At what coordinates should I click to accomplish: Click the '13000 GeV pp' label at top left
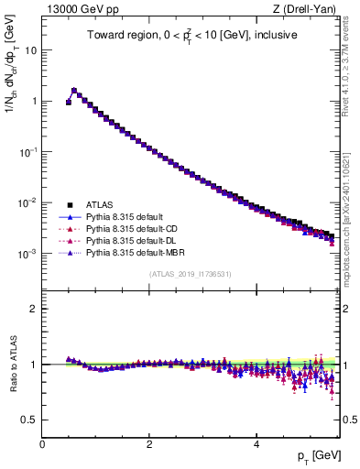coord(79,8)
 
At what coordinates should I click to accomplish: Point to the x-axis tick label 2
coord(149,443)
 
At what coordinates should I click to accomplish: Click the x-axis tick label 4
coord(256,443)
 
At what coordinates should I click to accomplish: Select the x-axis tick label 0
coord(42,443)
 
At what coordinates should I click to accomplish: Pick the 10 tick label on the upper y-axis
coord(31,50)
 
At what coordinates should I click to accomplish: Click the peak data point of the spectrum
coord(74,90)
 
